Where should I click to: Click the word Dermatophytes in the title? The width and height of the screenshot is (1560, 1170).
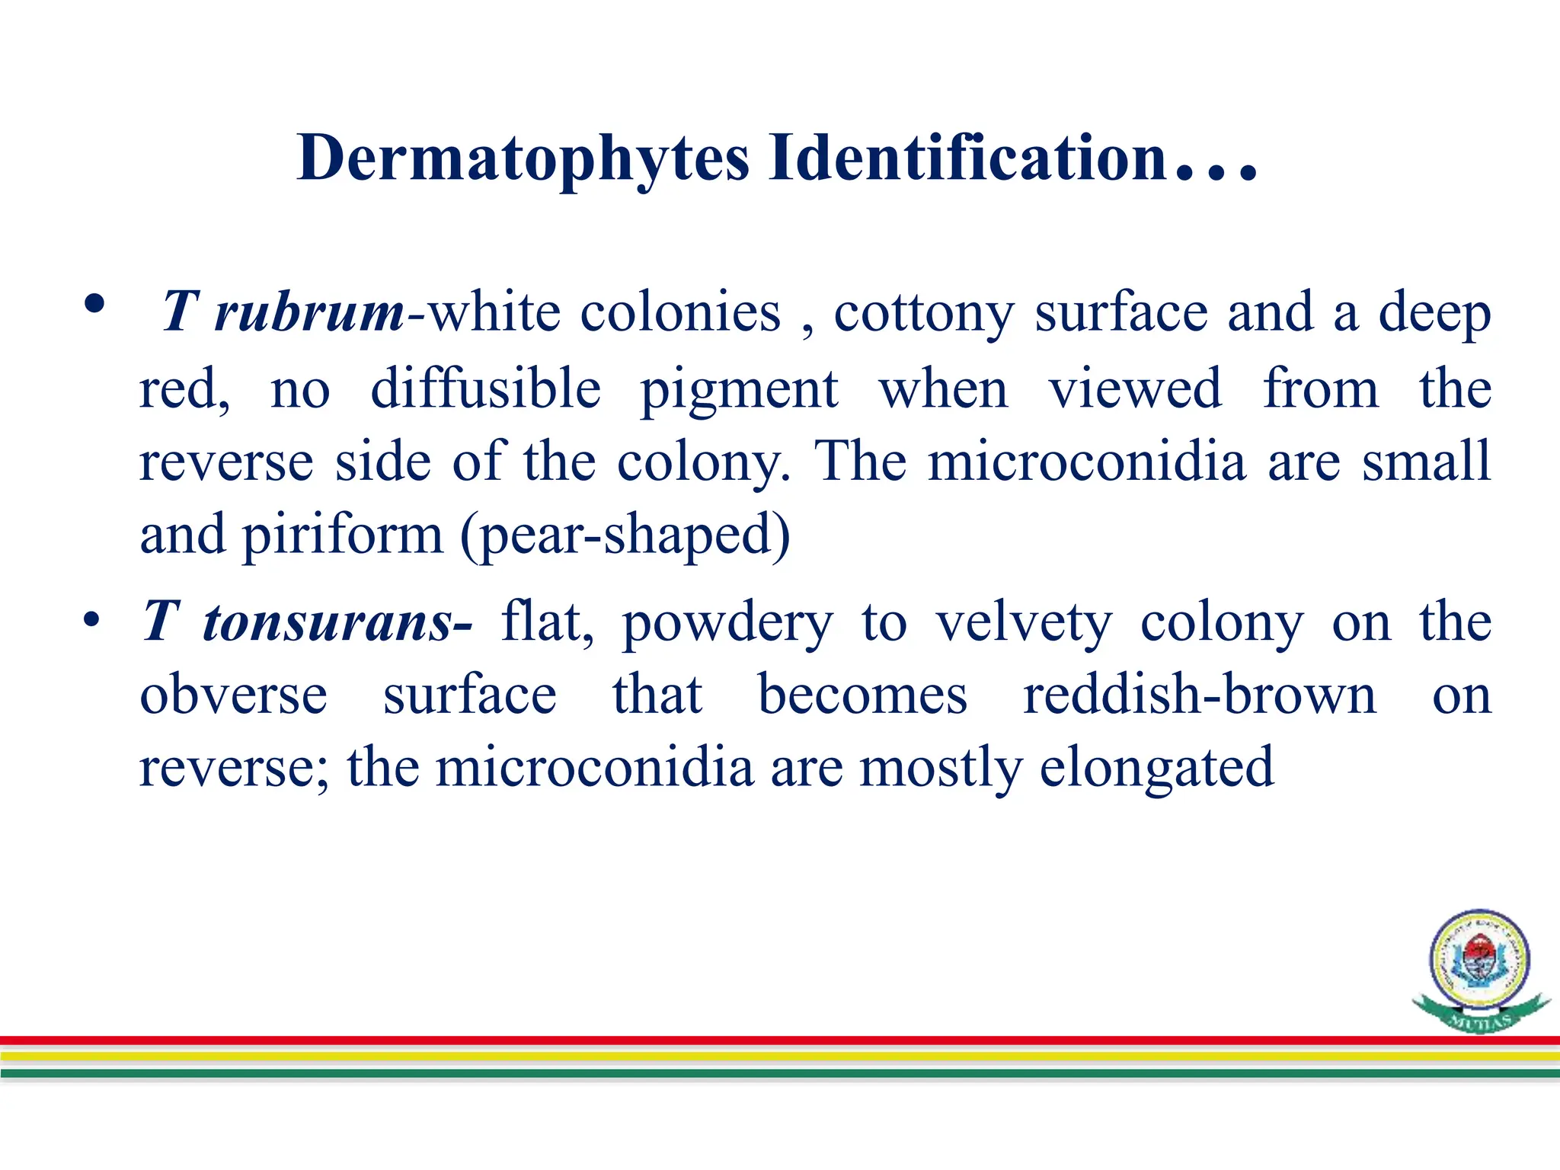523,158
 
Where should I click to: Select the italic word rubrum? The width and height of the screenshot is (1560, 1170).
309,312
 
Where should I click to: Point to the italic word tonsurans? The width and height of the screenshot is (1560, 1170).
328,622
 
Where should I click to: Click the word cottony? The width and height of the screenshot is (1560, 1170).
923,312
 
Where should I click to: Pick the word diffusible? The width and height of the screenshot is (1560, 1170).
485,388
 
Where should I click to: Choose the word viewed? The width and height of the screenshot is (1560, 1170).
1135,388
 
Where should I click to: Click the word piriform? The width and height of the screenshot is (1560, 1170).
342,536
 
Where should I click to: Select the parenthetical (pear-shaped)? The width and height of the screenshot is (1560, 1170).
625,536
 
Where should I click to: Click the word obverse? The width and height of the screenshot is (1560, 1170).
233,695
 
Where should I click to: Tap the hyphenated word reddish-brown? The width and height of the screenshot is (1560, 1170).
1199,695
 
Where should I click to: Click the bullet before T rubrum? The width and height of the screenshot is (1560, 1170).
94,305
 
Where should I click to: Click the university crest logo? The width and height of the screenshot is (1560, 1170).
1479,968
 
